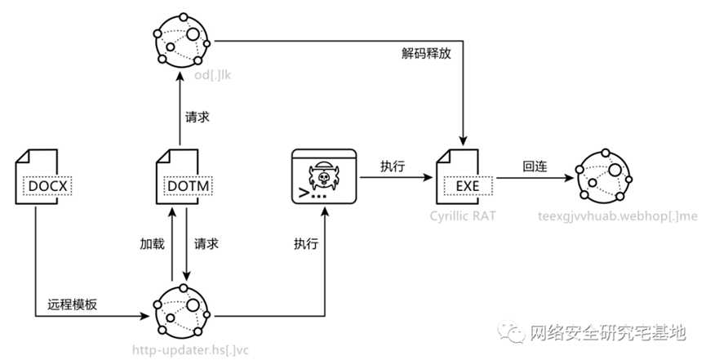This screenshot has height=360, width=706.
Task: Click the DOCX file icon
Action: pyautogui.click(x=39, y=176)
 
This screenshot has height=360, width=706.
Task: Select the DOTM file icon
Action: pyautogui.click(x=183, y=176)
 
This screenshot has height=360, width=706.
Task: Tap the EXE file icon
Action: pyautogui.click(x=463, y=176)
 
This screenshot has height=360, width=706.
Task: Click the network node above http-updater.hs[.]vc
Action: pyautogui.click(x=183, y=312)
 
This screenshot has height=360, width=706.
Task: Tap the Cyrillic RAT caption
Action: pyautogui.click(x=463, y=218)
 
